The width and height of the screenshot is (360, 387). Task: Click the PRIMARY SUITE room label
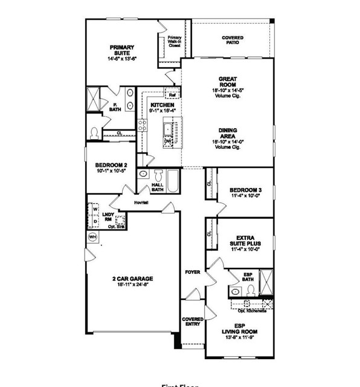click(x=121, y=50)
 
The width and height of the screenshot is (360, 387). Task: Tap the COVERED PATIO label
click(x=232, y=41)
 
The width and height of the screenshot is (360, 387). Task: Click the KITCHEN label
click(x=162, y=105)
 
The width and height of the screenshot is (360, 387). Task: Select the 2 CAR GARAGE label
click(x=132, y=279)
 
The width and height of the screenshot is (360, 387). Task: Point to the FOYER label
click(x=192, y=273)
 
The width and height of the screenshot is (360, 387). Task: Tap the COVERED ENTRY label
click(x=193, y=321)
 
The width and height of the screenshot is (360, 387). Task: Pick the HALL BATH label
click(x=158, y=188)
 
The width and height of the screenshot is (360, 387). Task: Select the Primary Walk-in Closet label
click(x=175, y=41)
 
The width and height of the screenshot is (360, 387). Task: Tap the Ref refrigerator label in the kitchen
click(x=172, y=95)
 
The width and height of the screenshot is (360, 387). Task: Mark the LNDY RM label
click(x=108, y=217)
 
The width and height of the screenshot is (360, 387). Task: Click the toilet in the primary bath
click(x=94, y=132)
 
